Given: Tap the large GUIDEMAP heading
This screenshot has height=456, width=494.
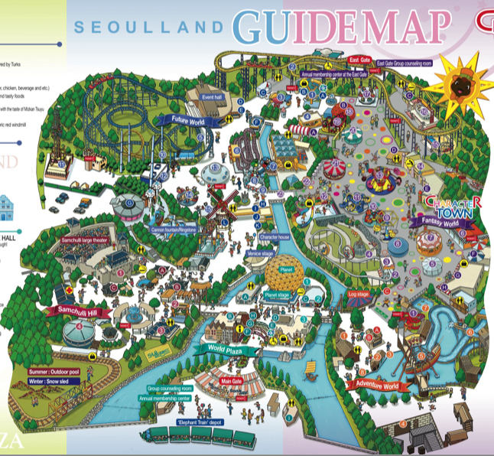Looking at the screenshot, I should point(339,27).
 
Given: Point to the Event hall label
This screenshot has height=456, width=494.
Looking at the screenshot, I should point(213,98).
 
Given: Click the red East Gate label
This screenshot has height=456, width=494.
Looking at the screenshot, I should point(359,59).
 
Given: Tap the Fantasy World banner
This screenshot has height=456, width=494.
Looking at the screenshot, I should point(437,222).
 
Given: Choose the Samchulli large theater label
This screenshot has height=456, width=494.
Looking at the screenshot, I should point(90,239).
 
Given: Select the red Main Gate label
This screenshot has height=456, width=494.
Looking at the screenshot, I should point(231,380).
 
